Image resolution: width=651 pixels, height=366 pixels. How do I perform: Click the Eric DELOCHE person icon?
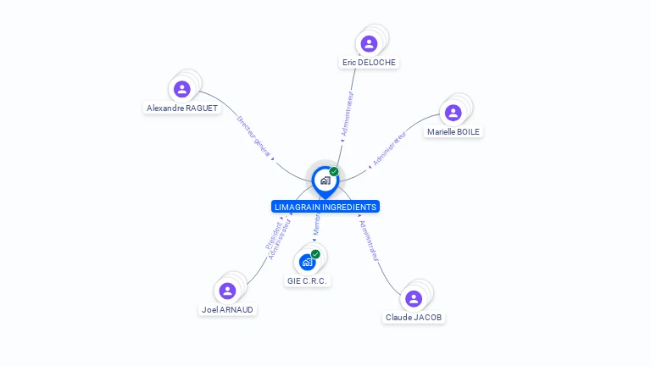click(x=369, y=44)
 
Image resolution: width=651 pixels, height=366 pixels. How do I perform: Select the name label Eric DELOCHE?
click(x=369, y=62)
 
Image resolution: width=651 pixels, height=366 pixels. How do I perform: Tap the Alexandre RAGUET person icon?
click(x=181, y=89)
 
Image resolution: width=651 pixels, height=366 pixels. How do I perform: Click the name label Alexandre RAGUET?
click(x=182, y=108)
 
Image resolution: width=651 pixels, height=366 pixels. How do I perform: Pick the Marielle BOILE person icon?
click(x=453, y=113)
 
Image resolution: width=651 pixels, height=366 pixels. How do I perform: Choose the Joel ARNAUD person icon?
click(x=227, y=291)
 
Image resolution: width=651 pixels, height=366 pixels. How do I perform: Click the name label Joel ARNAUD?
click(x=227, y=309)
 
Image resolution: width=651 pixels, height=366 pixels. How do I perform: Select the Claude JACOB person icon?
click(x=414, y=298)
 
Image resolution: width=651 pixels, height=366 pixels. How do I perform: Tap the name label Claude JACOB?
click(x=414, y=317)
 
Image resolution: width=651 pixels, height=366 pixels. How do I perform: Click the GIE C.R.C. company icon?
click(x=307, y=262)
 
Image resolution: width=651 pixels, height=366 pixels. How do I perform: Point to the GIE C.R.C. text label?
click(x=307, y=280)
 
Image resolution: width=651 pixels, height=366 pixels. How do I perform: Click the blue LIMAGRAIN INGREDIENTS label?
click(x=325, y=207)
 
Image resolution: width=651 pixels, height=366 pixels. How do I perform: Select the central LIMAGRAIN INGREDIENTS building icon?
click(x=325, y=180)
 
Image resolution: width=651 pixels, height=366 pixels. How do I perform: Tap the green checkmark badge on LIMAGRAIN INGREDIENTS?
click(x=334, y=171)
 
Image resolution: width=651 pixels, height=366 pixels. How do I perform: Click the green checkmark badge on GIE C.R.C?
click(x=315, y=253)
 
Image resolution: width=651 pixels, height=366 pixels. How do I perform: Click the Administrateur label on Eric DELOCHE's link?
click(x=347, y=114)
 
